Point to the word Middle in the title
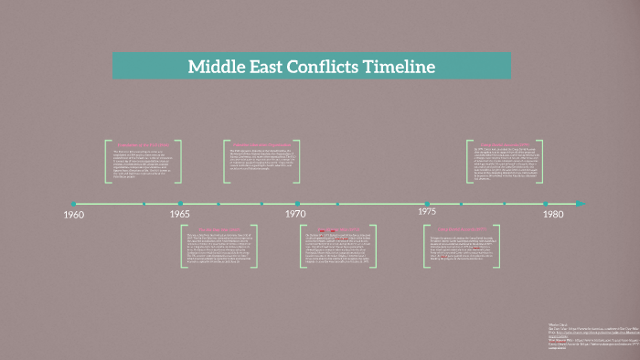click(x=217, y=67)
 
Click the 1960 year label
click(x=73, y=215)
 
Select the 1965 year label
click(x=180, y=214)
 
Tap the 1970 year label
click(x=294, y=214)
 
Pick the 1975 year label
click(x=427, y=211)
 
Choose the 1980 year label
click(x=552, y=214)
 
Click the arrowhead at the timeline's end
click(x=580, y=203)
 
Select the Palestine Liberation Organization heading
click(x=262, y=144)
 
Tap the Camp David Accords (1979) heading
click(x=506, y=144)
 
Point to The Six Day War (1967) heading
click(x=219, y=229)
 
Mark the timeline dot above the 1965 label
click(x=181, y=203)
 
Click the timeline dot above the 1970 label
click(x=297, y=203)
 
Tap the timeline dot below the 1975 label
click(x=427, y=203)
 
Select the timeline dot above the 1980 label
click(x=551, y=203)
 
